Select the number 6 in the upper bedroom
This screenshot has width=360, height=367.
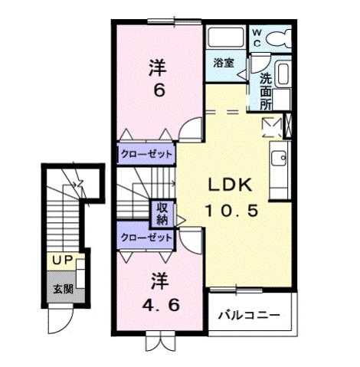click(159, 91)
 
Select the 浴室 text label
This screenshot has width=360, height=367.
click(224, 64)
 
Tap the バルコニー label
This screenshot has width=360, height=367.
click(247, 315)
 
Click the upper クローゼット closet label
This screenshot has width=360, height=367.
click(146, 154)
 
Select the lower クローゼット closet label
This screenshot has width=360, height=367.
click(146, 238)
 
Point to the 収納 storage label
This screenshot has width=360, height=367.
click(163, 212)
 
